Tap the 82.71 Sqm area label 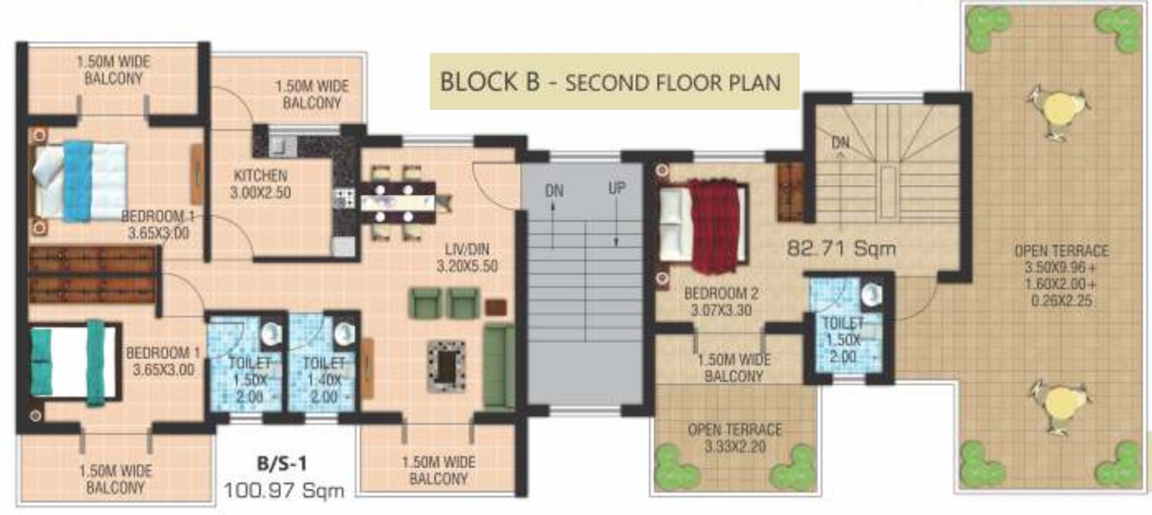point(842,249)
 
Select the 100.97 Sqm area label point(284,491)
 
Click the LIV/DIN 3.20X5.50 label point(466,257)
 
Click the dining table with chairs point(404,204)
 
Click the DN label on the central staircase point(554,191)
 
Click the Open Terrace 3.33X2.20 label point(735,437)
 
